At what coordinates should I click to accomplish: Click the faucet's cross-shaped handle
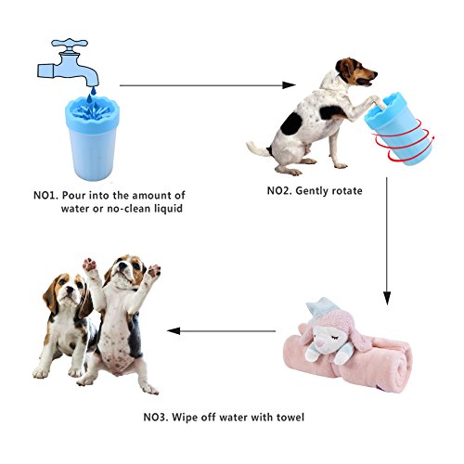point(70,44)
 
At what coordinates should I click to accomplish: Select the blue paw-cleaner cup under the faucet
point(92,138)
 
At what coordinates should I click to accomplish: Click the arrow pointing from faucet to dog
point(208,85)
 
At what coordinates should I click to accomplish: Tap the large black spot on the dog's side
point(291,123)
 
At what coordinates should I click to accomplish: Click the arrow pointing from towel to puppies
point(221,331)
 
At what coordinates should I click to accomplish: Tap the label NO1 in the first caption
point(45,196)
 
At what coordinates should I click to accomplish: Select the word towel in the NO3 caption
point(290,418)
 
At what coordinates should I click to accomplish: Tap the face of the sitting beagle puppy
point(67,290)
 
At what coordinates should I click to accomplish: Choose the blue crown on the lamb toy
point(322,303)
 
